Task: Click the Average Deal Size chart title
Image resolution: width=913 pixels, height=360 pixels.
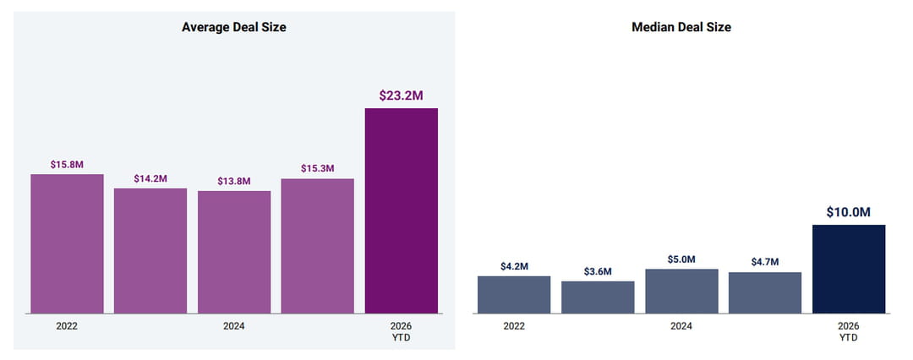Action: tap(233, 27)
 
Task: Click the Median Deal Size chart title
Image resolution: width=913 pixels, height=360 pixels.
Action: tap(681, 27)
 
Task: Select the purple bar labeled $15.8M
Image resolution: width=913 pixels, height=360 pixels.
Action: tap(67, 244)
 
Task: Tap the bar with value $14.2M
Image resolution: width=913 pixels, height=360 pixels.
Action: tap(150, 251)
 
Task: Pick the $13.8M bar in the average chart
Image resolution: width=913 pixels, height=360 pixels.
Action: tap(234, 252)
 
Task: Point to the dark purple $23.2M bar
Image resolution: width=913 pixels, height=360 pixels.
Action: tap(402, 211)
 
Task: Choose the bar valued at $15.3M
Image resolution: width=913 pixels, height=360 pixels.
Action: tap(317, 247)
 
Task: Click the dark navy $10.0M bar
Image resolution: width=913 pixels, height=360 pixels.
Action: tap(849, 269)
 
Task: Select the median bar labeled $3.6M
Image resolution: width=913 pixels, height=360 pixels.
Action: tap(598, 297)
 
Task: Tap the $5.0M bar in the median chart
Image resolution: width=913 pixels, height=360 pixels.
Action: tap(682, 292)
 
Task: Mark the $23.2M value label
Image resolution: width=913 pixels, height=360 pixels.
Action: tap(402, 95)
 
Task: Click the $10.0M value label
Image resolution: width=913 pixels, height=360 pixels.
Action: tap(849, 213)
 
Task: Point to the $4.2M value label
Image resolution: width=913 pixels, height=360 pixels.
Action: tap(514, 266)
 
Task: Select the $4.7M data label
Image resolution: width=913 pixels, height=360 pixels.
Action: tap(765, 262)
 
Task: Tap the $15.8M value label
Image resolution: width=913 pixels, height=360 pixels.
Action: tap(67, 164)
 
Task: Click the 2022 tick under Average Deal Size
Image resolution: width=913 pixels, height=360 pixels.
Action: tap(67, 326)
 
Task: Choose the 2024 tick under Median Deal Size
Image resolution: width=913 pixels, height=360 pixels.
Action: tap(681, 326)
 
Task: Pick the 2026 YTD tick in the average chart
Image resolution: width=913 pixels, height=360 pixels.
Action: tap(402, 331)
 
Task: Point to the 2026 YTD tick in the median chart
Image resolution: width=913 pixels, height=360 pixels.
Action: tap(849, 331)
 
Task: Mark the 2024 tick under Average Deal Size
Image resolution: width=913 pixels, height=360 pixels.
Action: tap(234, 326)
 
